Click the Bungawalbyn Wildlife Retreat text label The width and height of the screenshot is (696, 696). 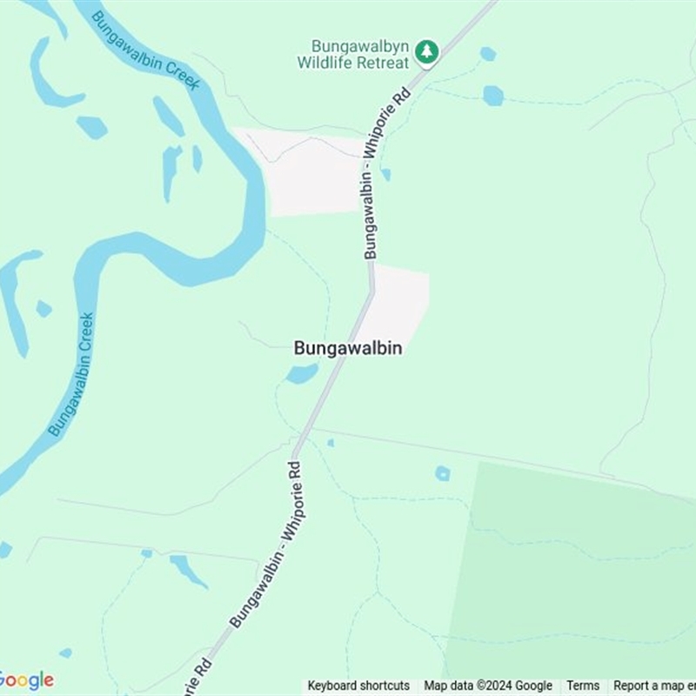tap(352, 54)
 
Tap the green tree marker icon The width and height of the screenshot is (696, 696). tap(425, 51)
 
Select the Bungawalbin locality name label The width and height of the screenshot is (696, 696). tap(347, 348)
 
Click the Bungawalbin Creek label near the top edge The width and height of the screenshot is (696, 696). tap(146, 50)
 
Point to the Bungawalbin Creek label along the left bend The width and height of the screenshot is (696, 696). tap(71, 374)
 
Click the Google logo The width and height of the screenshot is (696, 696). tap(26, 680)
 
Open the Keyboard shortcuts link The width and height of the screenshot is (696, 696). tap(358, 686)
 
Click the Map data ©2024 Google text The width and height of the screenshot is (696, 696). tap(488, 686)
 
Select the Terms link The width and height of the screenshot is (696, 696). tap(583, 686)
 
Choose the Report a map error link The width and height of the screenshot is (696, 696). tap(653, 686)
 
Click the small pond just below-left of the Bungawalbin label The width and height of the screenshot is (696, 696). tap(302, 374)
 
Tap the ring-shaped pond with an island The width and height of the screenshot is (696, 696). tap(443, 473)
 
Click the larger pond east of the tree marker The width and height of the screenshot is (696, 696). tap(493, 95)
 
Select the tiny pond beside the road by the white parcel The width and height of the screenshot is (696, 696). tap(385, 174)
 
